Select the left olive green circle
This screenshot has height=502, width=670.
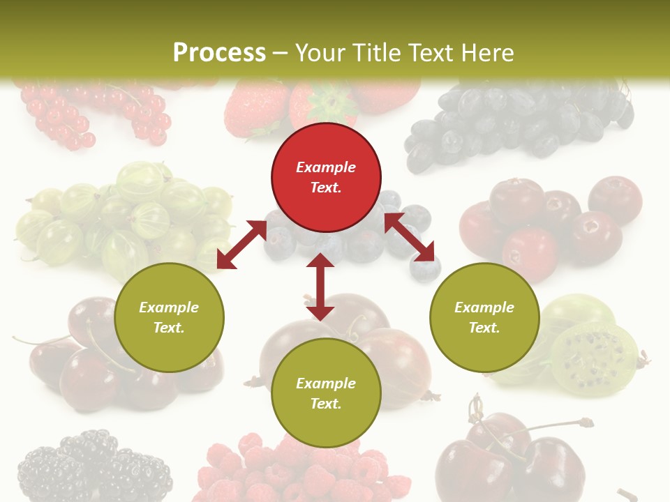(169, 317)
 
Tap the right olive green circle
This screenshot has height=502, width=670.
(484, 317)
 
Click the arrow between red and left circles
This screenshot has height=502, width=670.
(241, 245)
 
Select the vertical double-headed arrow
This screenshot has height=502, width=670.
(320, 287)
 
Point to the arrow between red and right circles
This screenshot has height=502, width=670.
(409, 237)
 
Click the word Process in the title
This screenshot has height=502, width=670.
(219, 53)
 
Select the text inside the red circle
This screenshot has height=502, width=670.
(326, 177)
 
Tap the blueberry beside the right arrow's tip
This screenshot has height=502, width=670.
(425, 268)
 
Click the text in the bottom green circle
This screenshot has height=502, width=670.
(326, 393)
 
